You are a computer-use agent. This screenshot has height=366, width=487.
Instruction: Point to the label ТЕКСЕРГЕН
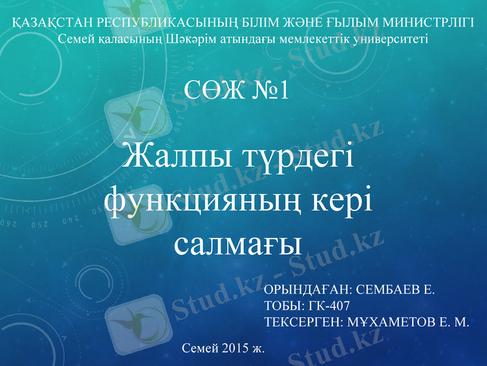tap(303, 322)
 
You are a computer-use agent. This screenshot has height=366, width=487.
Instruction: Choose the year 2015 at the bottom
tap(233, 348)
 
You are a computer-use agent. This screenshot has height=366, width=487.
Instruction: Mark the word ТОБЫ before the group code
tap(283, 306)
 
